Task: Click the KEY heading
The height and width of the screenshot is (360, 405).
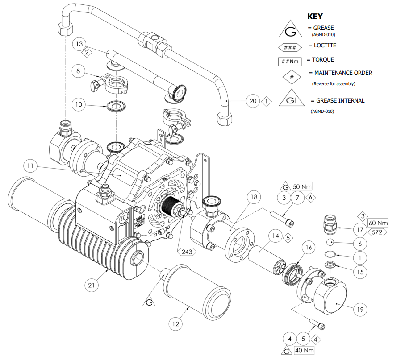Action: pos(315,17)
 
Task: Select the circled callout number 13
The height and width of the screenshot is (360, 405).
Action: pos(79,44)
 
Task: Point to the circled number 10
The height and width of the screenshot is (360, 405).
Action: pos(79,105)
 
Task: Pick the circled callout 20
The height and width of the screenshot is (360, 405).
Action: pos(253,101)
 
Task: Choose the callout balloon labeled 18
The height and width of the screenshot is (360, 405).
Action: pos(253,197)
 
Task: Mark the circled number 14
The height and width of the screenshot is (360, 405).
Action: pos(275,236)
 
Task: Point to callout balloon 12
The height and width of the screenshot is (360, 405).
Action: pos(176,323)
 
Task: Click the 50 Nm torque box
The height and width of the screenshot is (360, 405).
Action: pos(302,186)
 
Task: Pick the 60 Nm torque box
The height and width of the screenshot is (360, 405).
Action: pos(378,222)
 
